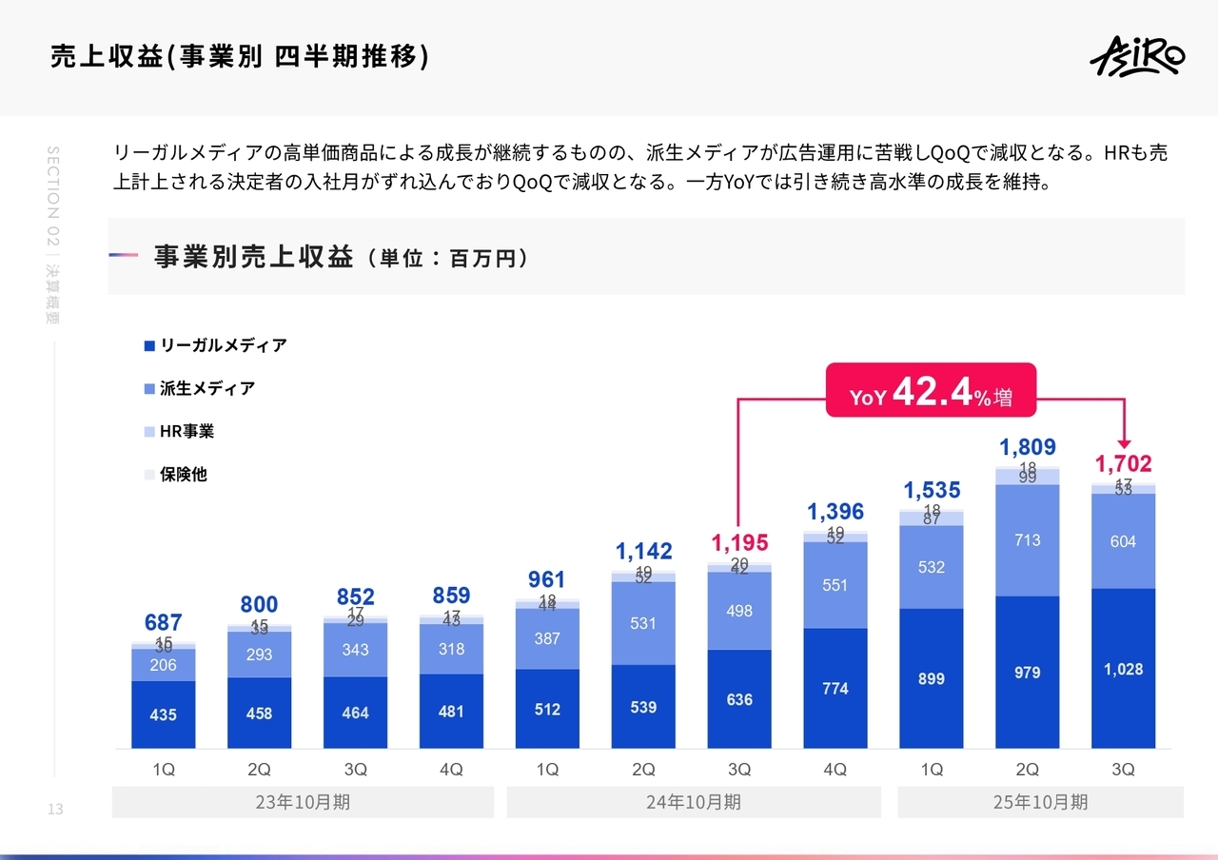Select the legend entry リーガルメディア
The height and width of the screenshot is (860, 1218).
(215, 345)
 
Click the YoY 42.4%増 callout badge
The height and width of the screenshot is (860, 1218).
(930, 390)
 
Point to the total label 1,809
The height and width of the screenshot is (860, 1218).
(1027, 447)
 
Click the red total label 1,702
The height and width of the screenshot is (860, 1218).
(1123, 464)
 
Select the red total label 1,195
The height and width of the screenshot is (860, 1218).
(739, 543)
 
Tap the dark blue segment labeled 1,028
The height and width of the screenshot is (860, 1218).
(1123, 669)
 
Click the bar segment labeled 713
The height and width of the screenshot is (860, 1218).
(1027, 540)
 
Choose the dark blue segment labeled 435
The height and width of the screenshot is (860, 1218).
(164, 714)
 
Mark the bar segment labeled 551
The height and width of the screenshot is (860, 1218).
(835, 585)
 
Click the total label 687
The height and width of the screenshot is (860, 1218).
(164, 623)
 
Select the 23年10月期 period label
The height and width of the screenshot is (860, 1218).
(303, 802)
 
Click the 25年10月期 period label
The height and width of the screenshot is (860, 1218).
(1040, 802)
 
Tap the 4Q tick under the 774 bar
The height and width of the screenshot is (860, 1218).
(835, 771)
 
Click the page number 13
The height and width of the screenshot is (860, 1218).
(54, 810)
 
